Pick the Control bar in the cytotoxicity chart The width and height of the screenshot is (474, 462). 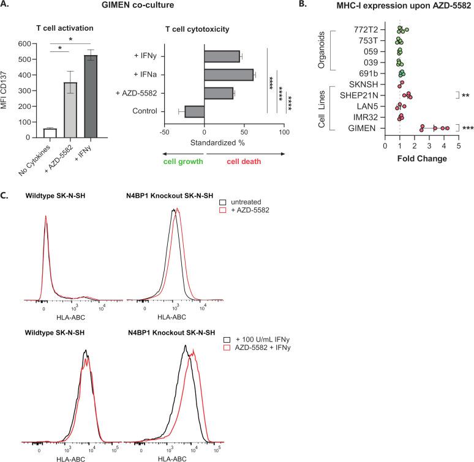pos(194,111)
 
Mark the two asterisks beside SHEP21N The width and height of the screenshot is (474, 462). pos(465,96)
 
